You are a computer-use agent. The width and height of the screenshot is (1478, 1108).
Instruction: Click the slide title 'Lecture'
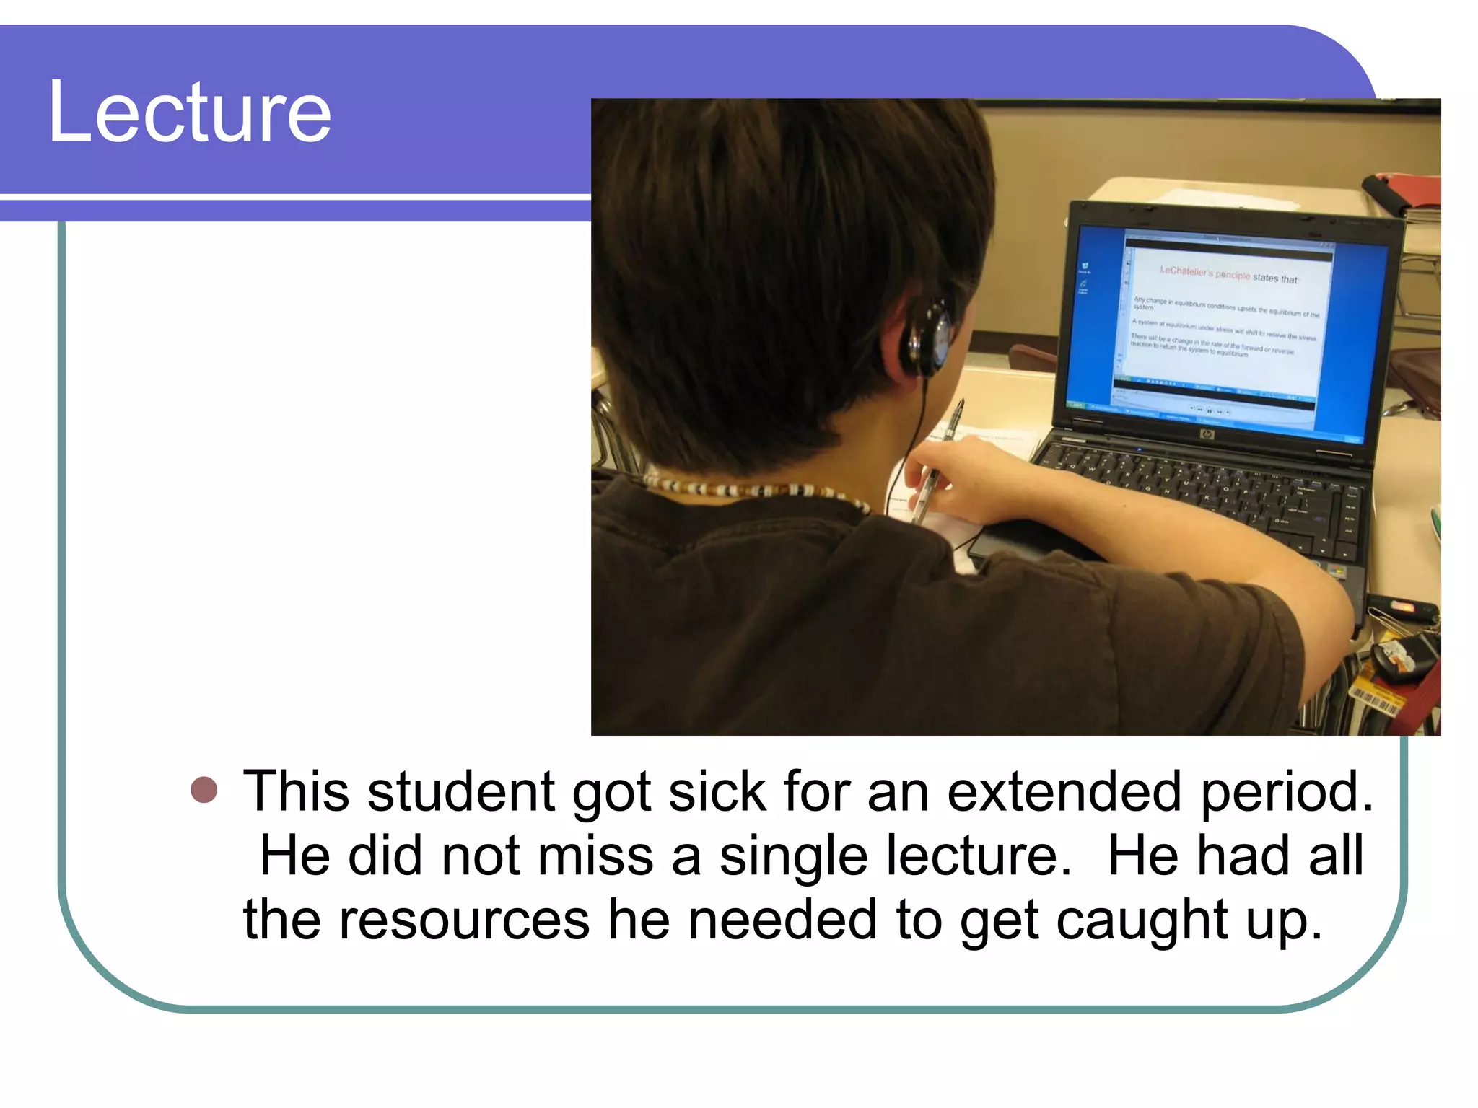[x=189, y=113]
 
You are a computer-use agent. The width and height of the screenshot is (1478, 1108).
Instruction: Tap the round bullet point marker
[x=204, y=790]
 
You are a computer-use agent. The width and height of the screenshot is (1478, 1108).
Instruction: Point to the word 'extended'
[x=1064, y=791]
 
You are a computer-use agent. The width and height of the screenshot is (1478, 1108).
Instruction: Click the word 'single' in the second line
[x=793, y=856]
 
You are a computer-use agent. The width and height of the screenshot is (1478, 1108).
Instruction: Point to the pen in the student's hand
[x=938, y=462]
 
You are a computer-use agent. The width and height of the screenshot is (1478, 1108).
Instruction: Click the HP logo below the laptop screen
[x=1207, y=434]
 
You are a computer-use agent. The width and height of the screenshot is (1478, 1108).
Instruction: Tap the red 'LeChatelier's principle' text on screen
[x=1204, y=273]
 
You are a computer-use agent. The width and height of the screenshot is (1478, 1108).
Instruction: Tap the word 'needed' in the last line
[x=782, y=920]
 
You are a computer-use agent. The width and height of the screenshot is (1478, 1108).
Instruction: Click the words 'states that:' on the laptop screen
[x=1275, y=278]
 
